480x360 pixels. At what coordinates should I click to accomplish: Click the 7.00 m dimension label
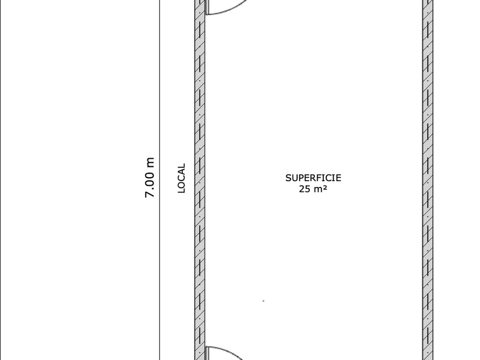point(150,178)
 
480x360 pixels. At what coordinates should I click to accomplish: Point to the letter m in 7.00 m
point(150,162)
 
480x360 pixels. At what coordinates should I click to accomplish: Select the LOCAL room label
point(181,178)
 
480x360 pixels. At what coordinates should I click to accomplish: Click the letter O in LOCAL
point(181,184)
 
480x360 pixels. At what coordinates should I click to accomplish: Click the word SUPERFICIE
point(313,178)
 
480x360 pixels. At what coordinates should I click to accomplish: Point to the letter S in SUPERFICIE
point(289,178)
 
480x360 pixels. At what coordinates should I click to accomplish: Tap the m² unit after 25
point(321,189)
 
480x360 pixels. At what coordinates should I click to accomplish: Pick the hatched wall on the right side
point(427,171)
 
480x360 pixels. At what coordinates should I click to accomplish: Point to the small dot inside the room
point(263,301)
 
